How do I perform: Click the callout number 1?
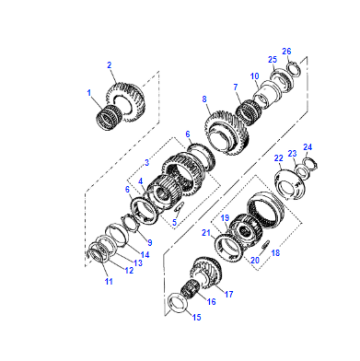(x=89, y=93)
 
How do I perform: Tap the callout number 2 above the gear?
(x=109, y=65)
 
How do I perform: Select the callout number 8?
(x=204, y=99)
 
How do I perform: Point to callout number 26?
(x=287, y=51)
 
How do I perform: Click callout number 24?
(x=307, y=147)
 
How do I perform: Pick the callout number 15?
(x=197, y=317)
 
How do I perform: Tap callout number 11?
(x=109, y=281)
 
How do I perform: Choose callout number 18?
(x=275, y=253)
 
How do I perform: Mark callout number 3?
(x=147, y=163)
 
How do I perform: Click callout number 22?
(x=278, y=158)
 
